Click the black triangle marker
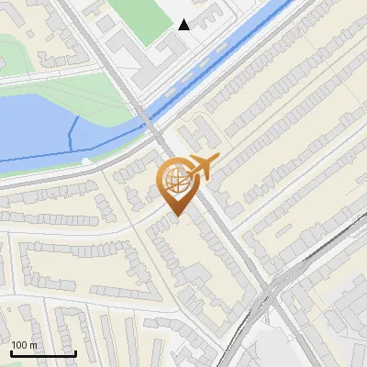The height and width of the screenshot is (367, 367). pyautogui.click(x=185, y=25)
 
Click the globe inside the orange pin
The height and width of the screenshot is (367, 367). pyautogui.click(x=176, y=181)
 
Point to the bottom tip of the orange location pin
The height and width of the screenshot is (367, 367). pyautogui.click(x=176, y=217)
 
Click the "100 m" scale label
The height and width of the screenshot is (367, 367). pyautogui.click(x=24, y=345)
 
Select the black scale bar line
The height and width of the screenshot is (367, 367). pyautogui.click(x=43, y=353)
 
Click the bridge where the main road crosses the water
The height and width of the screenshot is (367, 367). pyautogui.click(x=147, y=124)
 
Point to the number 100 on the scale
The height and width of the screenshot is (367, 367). pyautogui.click(x=18, y=345)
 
